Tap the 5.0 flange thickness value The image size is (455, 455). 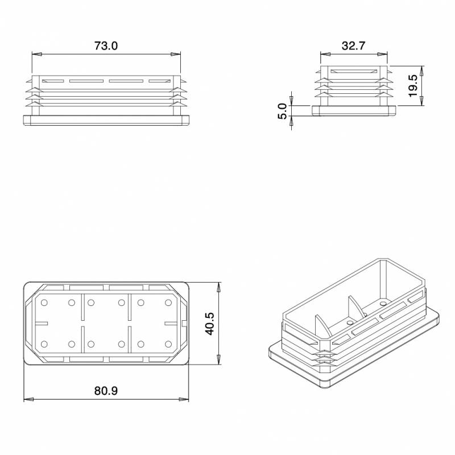pos(282,111)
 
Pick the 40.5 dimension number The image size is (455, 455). pos(209,323)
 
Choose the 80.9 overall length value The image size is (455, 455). pos(106,391)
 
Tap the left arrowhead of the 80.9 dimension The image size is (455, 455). pos(27,399)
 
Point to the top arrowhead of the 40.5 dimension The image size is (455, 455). pos(219,286)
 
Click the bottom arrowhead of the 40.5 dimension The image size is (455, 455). pos(219,361)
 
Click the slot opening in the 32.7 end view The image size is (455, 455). pos(353,71)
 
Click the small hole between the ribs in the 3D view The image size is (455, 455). pos(349,322)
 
